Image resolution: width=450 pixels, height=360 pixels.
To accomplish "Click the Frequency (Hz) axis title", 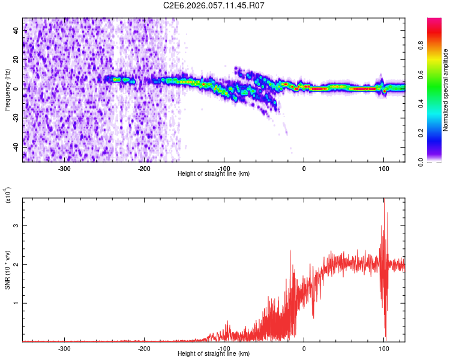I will coord(7,90).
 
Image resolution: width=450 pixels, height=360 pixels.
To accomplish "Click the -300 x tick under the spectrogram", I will coord(64,168).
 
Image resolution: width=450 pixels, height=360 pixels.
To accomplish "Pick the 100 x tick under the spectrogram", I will coord(383,168).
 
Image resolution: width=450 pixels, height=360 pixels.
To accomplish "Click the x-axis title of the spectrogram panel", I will coord(214,174).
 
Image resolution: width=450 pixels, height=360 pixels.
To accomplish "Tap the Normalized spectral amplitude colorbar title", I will coord(446,90).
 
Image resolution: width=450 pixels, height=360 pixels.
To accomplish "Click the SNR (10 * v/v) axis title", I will coord(7,270).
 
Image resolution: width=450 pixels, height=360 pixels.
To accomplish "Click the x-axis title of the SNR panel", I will coord(214,354).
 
